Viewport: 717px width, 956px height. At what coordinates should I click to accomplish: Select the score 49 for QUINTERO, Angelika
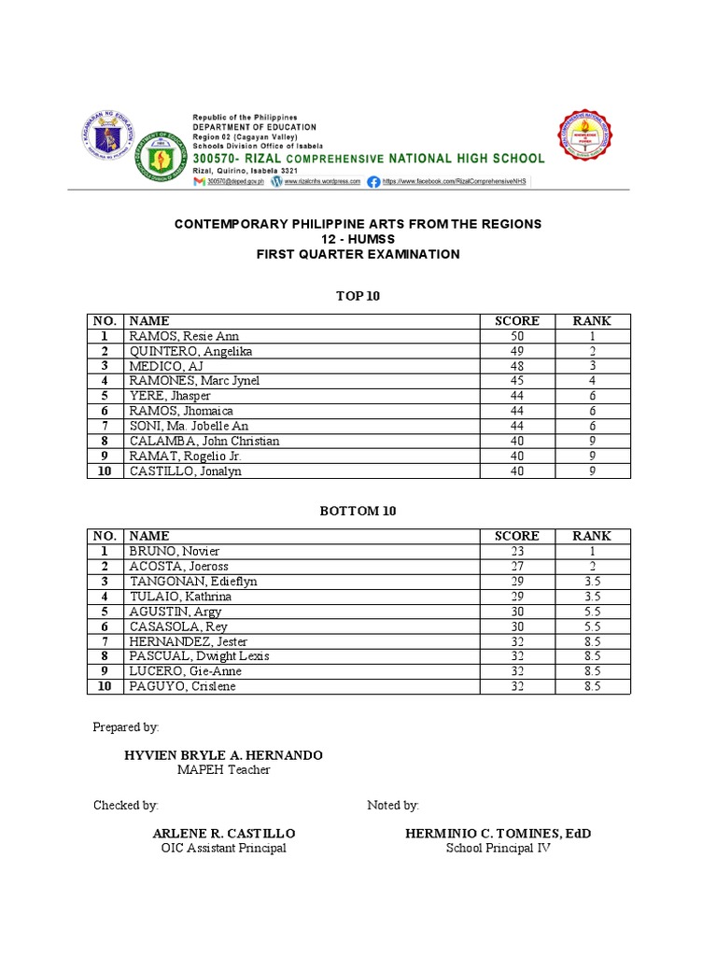click(x=516, y=351)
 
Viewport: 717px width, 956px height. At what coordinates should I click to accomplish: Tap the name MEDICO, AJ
click(x=165, y=366)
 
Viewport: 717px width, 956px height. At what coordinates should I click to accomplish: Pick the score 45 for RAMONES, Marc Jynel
click(x=516, y=381)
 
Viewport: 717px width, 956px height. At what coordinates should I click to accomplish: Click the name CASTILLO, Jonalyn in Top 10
click(x=186, y=471)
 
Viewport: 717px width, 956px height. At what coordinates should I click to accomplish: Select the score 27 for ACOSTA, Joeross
click(x=516, y=566)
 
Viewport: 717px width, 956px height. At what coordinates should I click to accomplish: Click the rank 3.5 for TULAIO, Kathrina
click(x=592, y=596)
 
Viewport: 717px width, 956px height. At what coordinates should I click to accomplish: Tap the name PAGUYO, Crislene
click(x=182, y=686)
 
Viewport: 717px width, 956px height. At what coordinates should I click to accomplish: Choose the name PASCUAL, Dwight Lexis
click(x=199, y=656)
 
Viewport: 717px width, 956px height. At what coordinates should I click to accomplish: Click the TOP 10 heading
click(x=358, y=296)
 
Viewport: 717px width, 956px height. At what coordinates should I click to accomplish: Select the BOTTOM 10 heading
click(x=358, y=511)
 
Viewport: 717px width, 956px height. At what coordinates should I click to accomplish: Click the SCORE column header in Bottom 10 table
click(x=516, y=536)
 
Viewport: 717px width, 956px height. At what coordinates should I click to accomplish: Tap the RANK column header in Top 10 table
click(x=592, y=321)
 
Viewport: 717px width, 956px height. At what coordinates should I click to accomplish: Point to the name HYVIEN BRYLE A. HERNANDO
click(x=224, y=754)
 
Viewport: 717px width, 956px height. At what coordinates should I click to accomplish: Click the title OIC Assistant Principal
click(x=224, y=848)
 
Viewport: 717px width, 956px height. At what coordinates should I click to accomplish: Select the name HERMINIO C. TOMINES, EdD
click(x=499, y=833)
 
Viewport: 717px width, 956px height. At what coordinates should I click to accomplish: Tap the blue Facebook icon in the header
click(x=373, y=182)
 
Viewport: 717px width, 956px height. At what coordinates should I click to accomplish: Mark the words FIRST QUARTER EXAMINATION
click(x=358, y=254)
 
